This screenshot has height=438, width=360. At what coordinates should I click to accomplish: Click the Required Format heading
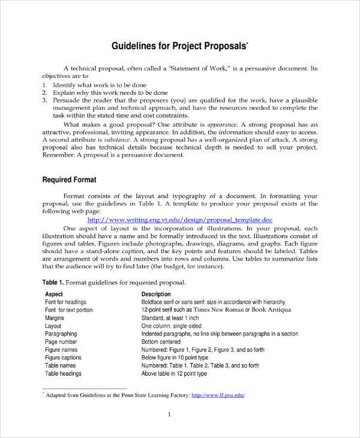(x=69, y=180)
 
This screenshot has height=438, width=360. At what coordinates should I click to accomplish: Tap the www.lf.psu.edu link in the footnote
(x=218, y=395)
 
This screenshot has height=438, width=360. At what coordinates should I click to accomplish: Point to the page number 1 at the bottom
(x=170, y=415)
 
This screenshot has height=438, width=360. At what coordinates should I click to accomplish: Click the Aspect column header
(x=54, y=294)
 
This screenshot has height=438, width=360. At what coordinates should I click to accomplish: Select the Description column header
(x=156, y=294)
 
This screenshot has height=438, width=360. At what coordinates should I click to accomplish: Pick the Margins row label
(x=55, y=318)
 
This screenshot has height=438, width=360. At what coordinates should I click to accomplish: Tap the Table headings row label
(x=63, y=373)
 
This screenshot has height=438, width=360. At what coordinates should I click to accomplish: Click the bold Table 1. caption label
(x=53, y=282)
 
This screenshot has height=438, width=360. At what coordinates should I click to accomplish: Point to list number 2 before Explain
(x=44, y=93)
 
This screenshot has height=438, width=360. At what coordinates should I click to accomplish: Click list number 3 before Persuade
(x=44, y=101)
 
